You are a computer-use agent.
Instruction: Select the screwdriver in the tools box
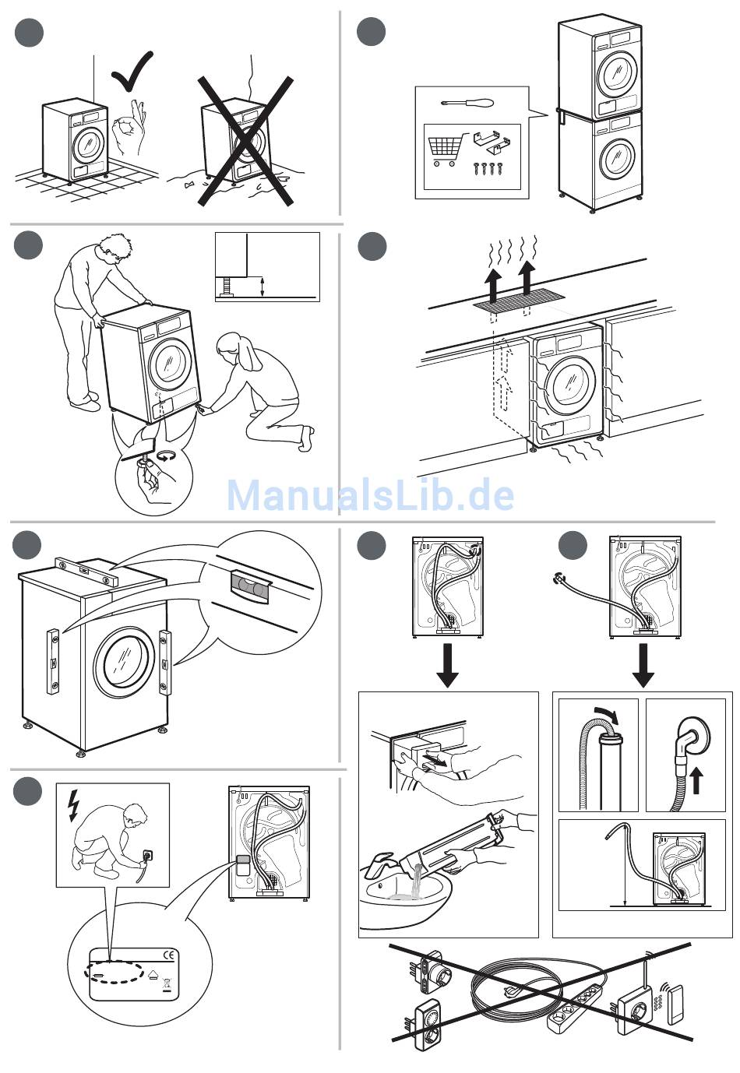(x=467, y=103)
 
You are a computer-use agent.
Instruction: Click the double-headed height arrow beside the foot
(x=263, y=287)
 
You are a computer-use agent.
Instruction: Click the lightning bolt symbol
(x=73, y=806)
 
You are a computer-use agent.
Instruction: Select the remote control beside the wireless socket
(x=675, y=1004)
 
